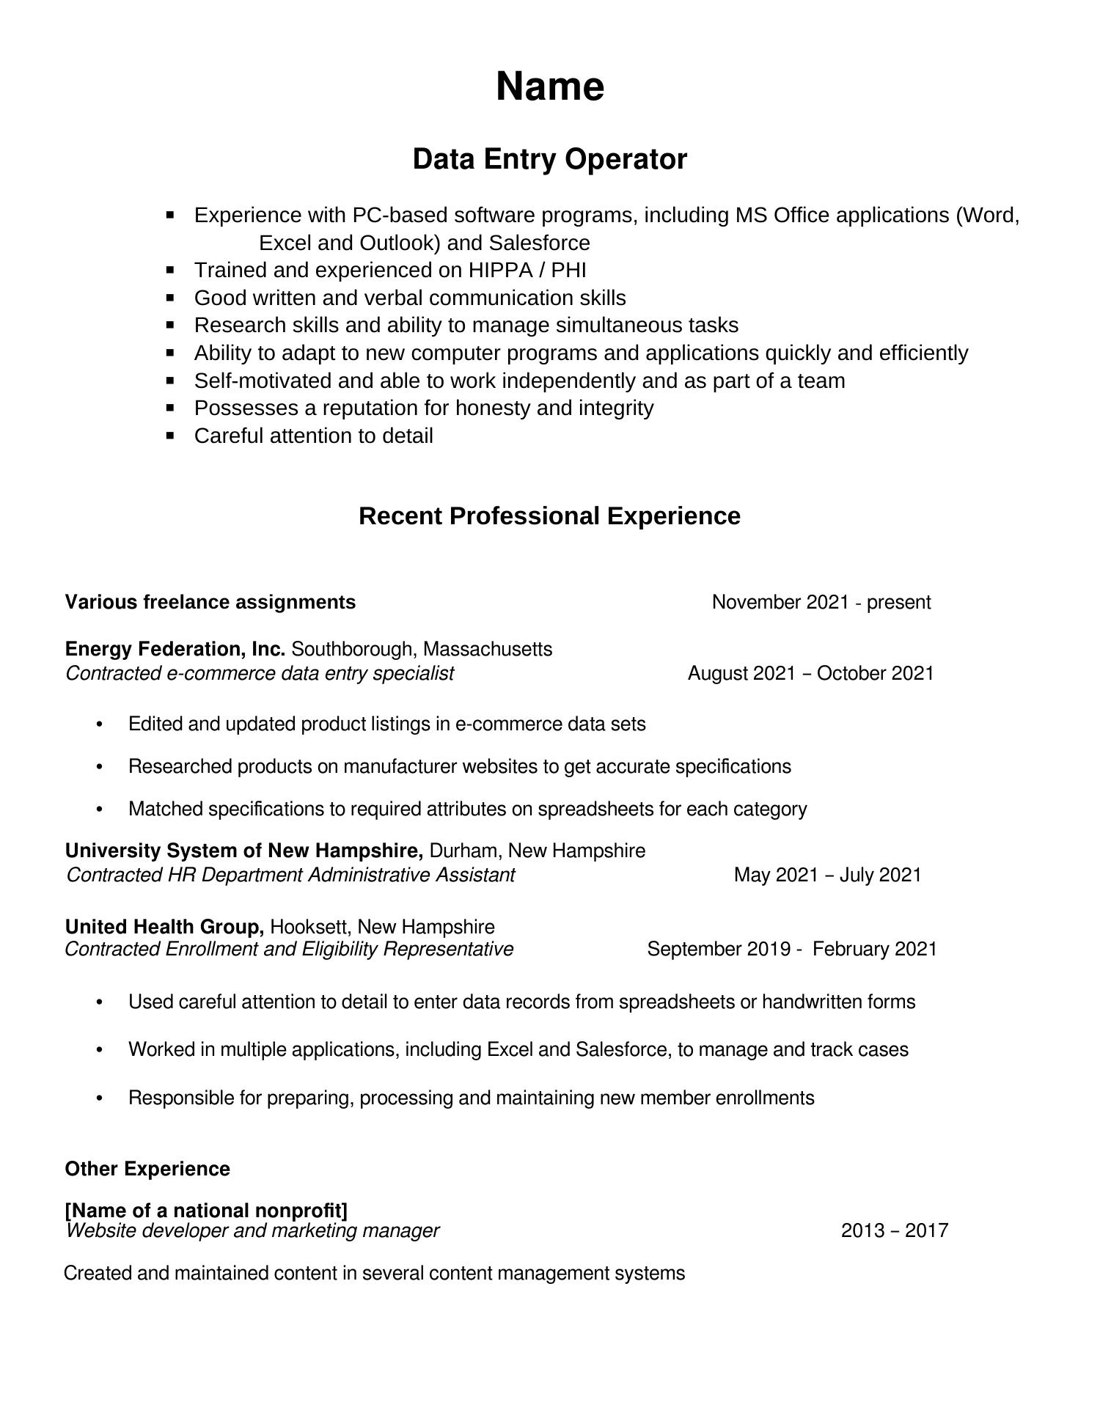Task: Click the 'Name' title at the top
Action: [x=550, y=87]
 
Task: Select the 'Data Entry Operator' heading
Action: [x=550, y=159]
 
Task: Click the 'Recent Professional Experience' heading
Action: [x=549, y=516]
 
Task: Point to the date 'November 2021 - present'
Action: [x=821, y=603]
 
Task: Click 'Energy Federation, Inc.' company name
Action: [x=175, y=649]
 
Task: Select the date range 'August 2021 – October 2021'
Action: [x=810, y=674]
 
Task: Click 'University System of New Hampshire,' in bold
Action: [x=244, y=851]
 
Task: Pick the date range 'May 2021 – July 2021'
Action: [x=827, y=875]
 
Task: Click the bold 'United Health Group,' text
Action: [x=164, y=927]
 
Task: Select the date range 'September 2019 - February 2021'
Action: [x=791, y=950]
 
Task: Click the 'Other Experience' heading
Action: [x=147, y=1169]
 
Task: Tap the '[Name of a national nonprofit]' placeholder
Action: [x=206, y=1210]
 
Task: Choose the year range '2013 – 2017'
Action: [x=894, y=1230]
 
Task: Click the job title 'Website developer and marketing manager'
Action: [x=252, y=1230]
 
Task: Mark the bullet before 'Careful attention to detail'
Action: [x=171, y=436]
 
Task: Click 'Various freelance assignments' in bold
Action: [x=210, y=603]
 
